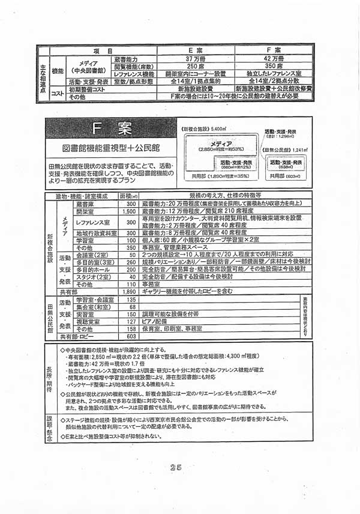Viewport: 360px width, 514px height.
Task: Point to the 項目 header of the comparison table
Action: [x=98, y=51]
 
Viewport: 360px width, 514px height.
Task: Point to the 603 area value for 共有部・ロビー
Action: [x=132, y=336]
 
